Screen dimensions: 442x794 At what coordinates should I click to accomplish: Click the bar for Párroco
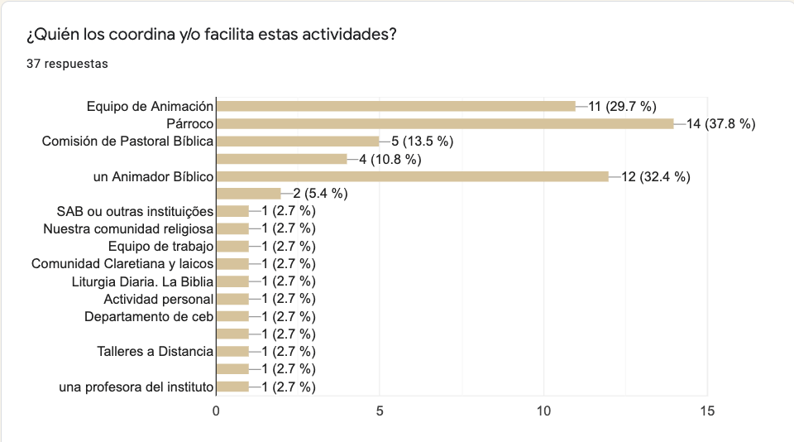coord(445,123)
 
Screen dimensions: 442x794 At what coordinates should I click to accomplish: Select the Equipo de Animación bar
coord(395,106)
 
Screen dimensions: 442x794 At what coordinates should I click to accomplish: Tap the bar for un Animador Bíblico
coord(412,176)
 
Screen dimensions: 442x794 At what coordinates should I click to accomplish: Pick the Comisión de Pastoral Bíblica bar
coord(298,141)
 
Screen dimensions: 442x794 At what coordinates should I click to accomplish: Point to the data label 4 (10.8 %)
coord(390,159)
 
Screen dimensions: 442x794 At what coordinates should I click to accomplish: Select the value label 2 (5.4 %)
coord(319,194)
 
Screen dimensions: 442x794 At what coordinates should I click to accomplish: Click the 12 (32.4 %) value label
coord(656,176)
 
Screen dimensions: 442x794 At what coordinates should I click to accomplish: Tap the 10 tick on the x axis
coord(543,411)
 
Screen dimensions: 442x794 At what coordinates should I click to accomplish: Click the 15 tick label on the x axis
coord(707,411)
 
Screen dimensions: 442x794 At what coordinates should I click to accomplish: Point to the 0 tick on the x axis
coord(217,411)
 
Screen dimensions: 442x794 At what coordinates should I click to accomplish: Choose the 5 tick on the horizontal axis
coord(380,411)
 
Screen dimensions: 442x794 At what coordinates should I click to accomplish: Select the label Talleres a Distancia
coord(155,352)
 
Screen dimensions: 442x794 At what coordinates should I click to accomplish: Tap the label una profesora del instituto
coord(137,387)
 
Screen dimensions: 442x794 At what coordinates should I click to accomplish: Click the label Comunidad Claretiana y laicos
coord(122,264)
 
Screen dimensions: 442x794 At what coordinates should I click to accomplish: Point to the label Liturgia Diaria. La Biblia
coord(143,281)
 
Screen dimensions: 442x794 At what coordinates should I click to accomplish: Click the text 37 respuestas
coord(67,64)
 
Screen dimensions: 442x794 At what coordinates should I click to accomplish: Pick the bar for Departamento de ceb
coord(232,316)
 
